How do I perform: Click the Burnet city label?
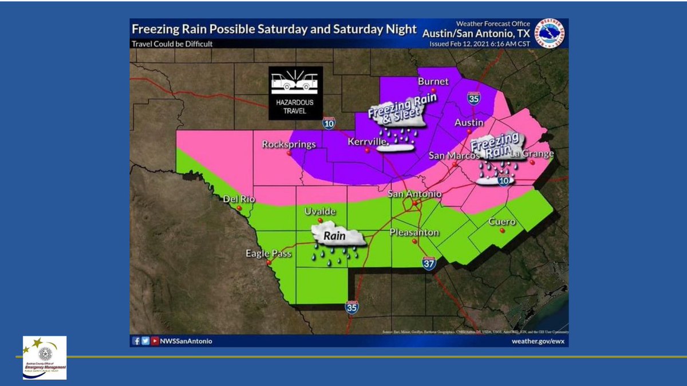pos(433,81)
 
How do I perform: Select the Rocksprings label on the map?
pos(289,144)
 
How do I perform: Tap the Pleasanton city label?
pos(414,232)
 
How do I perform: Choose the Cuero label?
pos(502,221)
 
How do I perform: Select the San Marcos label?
pos(451,155)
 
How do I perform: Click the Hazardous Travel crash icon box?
pos(295,93)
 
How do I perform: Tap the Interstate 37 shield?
pos(429,263)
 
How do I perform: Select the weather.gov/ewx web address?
pos(536,341)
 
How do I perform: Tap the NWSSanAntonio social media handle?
pos(188,341)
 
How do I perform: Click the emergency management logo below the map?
pos(45,357)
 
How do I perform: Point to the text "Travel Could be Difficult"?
pos(172,43)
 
